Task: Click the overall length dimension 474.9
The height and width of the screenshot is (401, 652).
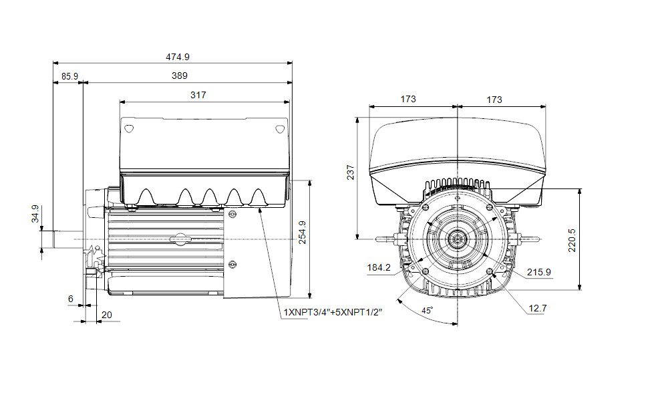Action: point(172,57)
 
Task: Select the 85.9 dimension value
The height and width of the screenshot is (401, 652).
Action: point(69,76)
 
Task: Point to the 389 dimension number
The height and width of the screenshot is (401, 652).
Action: point(179,76)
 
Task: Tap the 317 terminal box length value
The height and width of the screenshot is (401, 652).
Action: point(198,95)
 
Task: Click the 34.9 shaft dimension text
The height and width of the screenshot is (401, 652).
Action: point(35,214)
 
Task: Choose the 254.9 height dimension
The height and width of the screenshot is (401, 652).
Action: point(303,232)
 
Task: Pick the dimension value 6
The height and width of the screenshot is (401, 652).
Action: point(71,299)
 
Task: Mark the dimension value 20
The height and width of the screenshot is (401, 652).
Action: point(106,314)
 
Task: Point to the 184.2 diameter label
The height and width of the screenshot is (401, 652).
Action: point(379,267)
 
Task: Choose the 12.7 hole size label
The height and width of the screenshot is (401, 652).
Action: point(538,308)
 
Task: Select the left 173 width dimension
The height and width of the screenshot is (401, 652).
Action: point(408,99)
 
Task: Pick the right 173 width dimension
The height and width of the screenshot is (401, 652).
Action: point(494,99)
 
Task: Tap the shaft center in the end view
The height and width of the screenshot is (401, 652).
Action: point(458,239)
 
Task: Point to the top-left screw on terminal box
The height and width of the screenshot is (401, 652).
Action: point(130,127)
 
